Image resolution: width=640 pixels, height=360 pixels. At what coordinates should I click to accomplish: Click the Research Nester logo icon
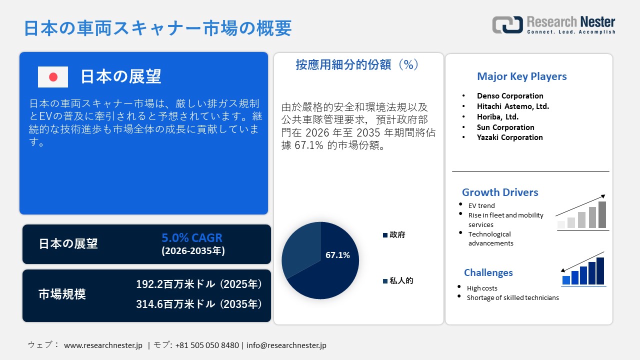[507, 24]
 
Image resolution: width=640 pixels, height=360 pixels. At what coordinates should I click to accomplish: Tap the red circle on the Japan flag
[53, 77]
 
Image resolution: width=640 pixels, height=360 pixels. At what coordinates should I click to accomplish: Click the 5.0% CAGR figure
[191, 237]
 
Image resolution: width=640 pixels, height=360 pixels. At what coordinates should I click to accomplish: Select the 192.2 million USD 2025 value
[199, 284]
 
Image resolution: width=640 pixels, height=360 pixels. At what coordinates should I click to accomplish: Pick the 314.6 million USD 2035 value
[199, 304]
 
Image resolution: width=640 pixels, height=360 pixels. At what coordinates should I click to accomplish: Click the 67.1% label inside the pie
[337, 255]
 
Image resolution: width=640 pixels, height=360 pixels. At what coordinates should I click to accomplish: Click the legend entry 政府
[394, 235]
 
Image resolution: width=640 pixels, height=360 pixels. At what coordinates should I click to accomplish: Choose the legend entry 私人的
[398, 280]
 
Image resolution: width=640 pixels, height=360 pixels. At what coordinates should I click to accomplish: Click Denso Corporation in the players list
[510, 95]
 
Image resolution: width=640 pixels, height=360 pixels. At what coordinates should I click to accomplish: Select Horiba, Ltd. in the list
[497, 117]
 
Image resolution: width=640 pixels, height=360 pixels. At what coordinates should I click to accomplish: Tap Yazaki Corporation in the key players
[509, 137]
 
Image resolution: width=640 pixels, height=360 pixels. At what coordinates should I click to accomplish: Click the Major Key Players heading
[521, 76]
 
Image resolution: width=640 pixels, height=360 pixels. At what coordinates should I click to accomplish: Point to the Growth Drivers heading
[500, 192]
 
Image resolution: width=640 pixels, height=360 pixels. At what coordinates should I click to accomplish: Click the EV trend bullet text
[481, 205]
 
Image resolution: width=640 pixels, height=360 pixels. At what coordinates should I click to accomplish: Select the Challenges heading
[488, 272]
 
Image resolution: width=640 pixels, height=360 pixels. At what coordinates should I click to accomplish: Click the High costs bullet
[482, 288]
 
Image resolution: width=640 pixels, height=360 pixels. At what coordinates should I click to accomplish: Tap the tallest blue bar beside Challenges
[600, 271]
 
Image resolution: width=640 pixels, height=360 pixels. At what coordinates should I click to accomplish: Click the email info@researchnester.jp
[286, 345]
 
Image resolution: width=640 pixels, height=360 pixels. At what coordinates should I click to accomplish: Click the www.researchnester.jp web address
[103, 345]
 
